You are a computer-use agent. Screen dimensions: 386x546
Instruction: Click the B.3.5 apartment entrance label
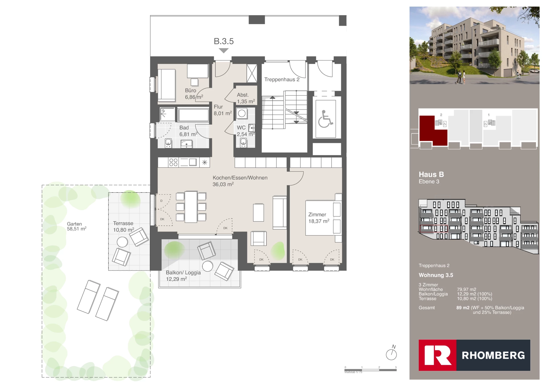[x=224, y=41]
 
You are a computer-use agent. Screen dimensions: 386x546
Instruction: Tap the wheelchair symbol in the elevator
[x=325, y=119]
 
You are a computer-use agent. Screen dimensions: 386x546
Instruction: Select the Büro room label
[x=191, y=90]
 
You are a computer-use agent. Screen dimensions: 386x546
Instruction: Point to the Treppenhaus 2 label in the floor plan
[x=282, y=80]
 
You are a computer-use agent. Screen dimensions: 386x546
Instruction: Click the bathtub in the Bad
[x=193, y=115]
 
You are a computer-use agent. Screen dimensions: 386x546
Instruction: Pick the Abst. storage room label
[x=243, y=95]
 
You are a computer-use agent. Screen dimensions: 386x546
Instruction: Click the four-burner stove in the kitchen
[x=173, y=162]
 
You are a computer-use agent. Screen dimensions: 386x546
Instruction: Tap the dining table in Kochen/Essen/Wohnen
[x=191, y=207]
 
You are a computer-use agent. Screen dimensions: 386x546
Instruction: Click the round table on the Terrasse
[x=122, y=242]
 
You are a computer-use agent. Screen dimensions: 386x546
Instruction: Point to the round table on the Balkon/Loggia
[x=208, y=266]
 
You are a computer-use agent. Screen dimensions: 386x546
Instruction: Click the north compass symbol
[x=391, y=354]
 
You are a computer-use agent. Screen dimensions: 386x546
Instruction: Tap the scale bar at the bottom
[x=370, y=370]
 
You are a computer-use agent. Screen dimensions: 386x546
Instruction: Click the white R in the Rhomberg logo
[x=437, y=355]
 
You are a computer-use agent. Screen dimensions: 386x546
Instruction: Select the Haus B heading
[x=431, y=174]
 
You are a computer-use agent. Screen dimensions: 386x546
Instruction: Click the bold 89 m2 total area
[x=463, y=308]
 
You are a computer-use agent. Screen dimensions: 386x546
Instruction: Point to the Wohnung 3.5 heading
[x=436, y=275]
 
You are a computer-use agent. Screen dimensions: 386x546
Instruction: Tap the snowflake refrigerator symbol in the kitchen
[x=204, y=163]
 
